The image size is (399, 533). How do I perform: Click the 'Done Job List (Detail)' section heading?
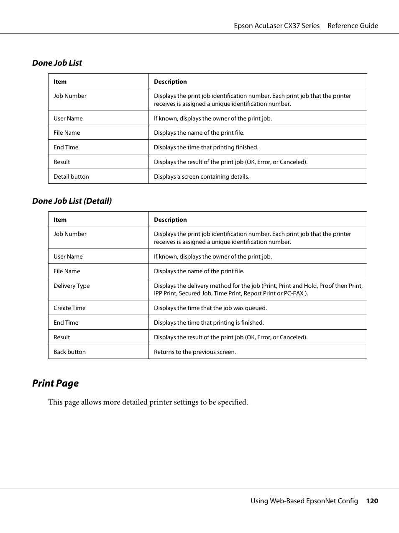click(x=72, y=201)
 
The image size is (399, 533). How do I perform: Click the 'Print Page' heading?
click(x=55, y=383)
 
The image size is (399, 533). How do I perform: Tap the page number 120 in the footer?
click(x=372, y=501)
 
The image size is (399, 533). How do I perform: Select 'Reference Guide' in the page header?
click(x=353, y=26)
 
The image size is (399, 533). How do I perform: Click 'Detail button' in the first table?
click(x=71, y=177)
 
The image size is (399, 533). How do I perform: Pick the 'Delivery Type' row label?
click(x=72, y=286)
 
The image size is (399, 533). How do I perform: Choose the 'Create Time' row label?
click(x=69, y=308)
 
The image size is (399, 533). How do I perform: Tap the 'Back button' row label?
click(x=69, y=352)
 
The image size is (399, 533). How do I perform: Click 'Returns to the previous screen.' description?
click(x=195, y=352)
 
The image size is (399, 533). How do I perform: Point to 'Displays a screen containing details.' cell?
click(x=202, y=177)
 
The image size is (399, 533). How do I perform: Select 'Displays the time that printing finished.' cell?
click(x=206, y=147)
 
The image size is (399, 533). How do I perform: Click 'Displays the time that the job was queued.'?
click(x=210, y=308)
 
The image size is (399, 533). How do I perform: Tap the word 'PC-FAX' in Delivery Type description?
click(x=294, y=293)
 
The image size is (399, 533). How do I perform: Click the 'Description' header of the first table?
click(x=170, y=82)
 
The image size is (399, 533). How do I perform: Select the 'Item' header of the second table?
click(x=60, y=220)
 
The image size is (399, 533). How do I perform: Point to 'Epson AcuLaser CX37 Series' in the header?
click(x=276, y=26)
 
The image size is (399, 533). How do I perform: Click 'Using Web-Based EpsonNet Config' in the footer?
click(x=304, y=501)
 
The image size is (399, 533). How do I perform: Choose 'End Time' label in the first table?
click(x=66, y=147)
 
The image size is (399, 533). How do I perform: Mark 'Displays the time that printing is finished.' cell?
click(x=209, y=323)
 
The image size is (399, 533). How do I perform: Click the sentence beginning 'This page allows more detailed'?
click(x=148, y=402)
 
